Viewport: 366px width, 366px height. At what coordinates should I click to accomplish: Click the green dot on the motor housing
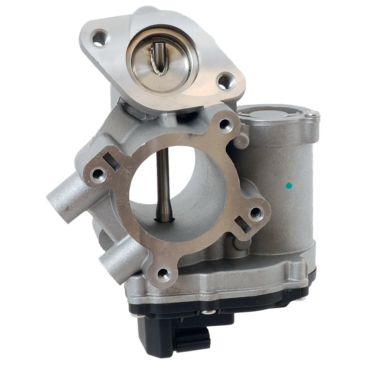tap(289, 185)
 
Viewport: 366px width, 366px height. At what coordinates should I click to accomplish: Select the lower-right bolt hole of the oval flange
tap(226, 81)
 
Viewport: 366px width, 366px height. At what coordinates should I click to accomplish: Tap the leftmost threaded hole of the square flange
tap(98, 174)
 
